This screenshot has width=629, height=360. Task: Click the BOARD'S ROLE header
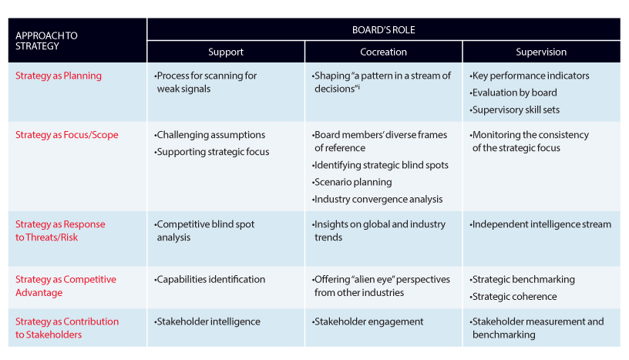tap(384, 30)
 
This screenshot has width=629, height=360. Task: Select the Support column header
tap(226, 52)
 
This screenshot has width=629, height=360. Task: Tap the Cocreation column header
tap(384, 52)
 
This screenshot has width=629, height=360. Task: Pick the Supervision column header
tap(541, 52)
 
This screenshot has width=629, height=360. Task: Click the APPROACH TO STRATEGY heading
tap(46, 41)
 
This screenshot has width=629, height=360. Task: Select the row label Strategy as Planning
tap(59, 76)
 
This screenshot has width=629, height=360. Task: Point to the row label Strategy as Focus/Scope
tap(67, 135)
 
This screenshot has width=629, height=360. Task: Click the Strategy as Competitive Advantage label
tap(66, 286)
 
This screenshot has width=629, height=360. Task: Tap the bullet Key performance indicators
tap(530, 76)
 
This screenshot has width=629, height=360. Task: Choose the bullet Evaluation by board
tap(513, 93)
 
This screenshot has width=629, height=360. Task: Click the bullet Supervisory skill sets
tap(515, 110)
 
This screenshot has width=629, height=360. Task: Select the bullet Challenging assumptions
tap(210, 135)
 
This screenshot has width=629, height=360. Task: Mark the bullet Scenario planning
tap(351, 182)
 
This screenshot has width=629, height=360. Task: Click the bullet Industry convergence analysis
tap(378, 200)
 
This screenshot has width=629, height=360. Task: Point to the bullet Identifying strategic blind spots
tap(380, 165)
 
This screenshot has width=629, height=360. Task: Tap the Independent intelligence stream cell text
tap(540, 224)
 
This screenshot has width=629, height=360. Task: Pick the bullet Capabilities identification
tap(210, 279)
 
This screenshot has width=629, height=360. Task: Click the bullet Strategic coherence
tap(513, 297)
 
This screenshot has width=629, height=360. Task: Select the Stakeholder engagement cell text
tap(368, 322)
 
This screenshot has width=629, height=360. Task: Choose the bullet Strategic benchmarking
tap(523, 280)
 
